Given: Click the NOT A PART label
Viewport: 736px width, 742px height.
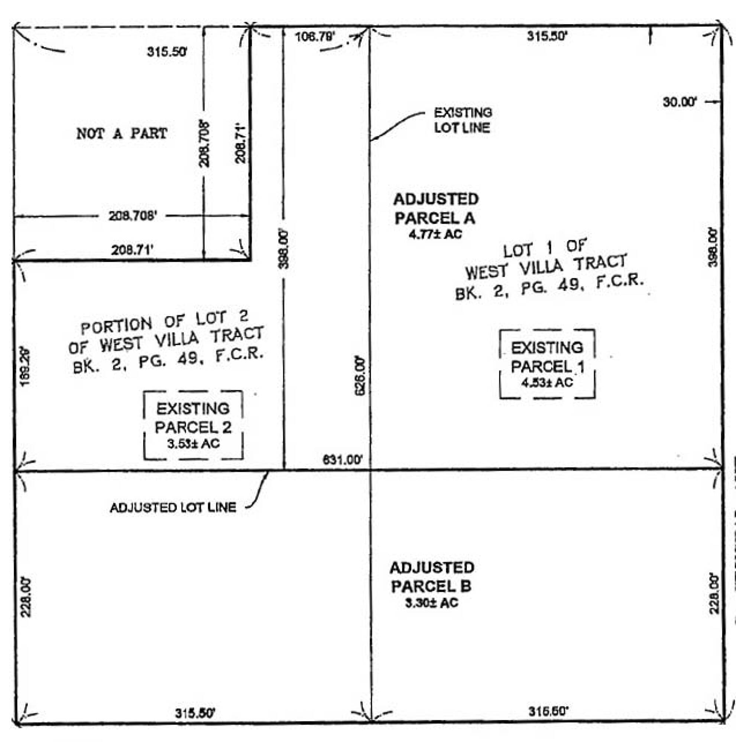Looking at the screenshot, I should pyautogui.click(x=121, y=133).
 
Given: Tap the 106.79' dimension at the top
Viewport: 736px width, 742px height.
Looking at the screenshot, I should pyautogui.click(x=315, y=37).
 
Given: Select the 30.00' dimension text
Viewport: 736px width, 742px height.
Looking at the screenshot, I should pyautogui.click(x=680, y=102).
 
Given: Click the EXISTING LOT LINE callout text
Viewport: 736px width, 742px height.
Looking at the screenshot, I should pyautogui.click(x=463, y=120).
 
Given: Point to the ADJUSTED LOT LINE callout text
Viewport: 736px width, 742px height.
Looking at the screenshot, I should pyautogui.click(x=173, y=508).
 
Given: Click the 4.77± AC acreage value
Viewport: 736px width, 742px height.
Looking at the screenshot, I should pyautogui.click(x=435, y=234).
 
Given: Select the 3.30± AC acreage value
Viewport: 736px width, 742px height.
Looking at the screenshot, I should pyautogui.click(x=431, y=603).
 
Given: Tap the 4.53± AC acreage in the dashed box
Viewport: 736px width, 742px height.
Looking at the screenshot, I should pyautogui.click(x=547, y=383).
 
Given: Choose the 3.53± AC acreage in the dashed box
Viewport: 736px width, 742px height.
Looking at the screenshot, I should pyautogui.click(x=193, y=444).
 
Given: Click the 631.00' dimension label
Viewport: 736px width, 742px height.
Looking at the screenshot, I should pyautogui.click(x=343, y=460).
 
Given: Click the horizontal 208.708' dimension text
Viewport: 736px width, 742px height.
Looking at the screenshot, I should pyautogui.click(x=133, y=216).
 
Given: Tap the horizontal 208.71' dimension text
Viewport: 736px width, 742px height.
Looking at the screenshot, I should pyautogui.click(x=132, y=250).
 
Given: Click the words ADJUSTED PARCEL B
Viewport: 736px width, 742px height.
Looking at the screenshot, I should pyautogui.click(x=431, y=577).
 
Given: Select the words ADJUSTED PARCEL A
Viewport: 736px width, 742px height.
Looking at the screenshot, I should pyautogui.click(x=435, y=209).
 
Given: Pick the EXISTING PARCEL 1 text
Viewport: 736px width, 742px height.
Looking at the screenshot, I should pyautogui.click(x=547, y=357).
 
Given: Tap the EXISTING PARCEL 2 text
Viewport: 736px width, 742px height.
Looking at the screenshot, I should pyautogui.click(x=193, y=418).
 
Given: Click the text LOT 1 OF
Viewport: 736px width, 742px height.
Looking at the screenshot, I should pyautogui.click(x=545, y=248).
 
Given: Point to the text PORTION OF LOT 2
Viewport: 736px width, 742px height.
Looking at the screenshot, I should pyautogui.click(x=165, y=322).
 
